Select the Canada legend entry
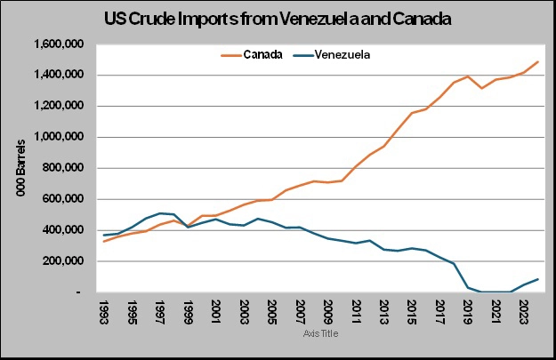point(253,54)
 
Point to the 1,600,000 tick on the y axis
point(60,44)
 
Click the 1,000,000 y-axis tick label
point(60,137)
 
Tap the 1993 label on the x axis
point(104,313)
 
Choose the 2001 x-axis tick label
point(215,313)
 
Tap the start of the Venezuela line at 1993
point(104,235)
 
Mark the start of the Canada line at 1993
point(104,242)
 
